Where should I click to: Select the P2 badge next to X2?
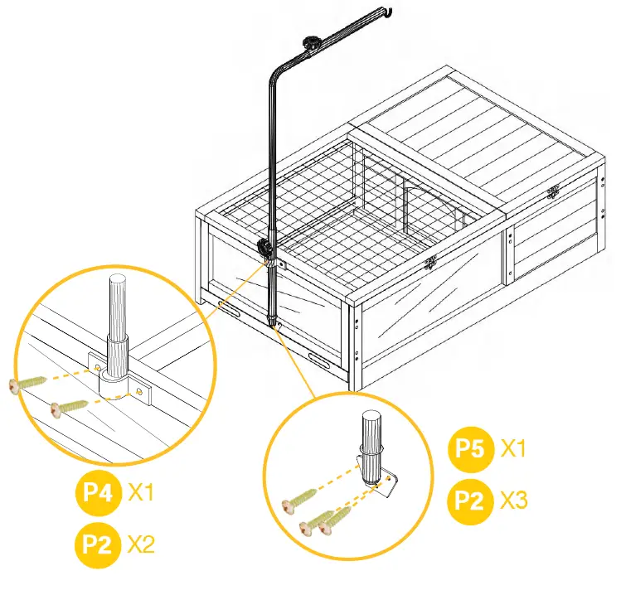point(97,544)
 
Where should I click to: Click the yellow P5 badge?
point(469,449)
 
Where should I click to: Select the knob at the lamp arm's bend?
point(312,42)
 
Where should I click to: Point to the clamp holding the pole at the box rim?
point(266,248)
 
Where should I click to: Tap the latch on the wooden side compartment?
point(552,194)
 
